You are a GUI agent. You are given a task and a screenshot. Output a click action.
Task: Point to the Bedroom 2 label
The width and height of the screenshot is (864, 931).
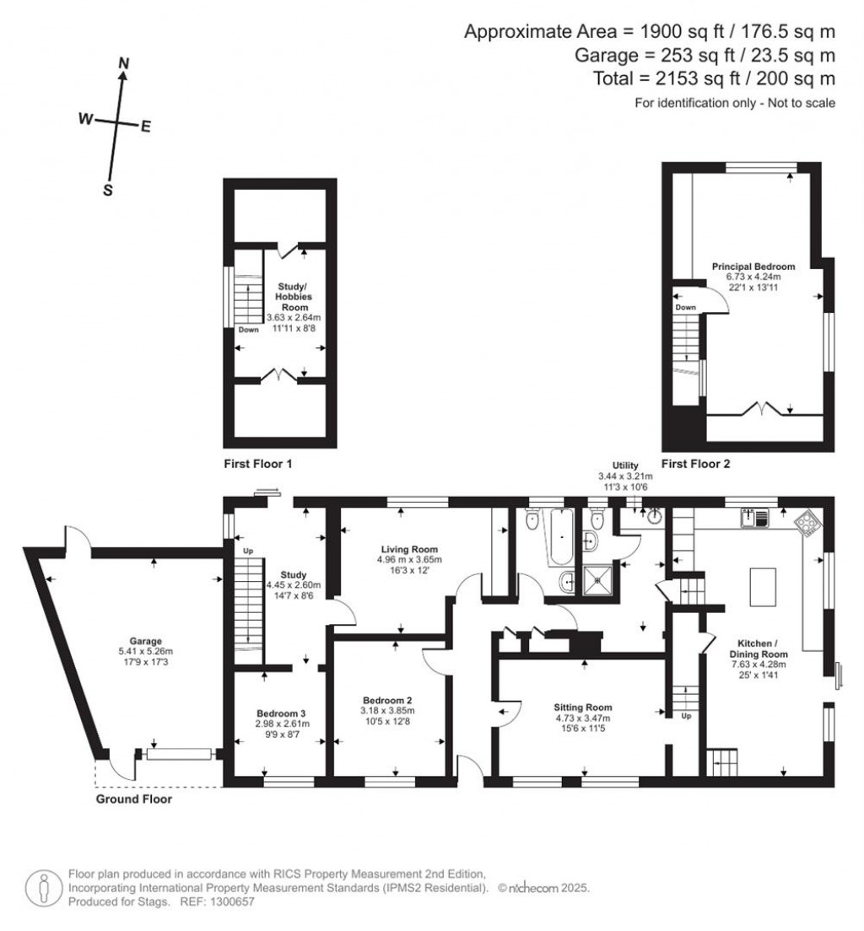coord(387,700)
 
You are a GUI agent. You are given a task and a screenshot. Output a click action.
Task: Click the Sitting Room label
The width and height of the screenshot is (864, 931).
coord(582,708)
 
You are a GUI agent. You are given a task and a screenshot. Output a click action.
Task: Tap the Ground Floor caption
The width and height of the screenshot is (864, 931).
coord(133,799)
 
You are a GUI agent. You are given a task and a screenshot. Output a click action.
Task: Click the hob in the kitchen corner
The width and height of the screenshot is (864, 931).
coord(807,524)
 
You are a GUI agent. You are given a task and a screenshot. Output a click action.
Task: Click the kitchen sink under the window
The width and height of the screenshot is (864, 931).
coord(753,518)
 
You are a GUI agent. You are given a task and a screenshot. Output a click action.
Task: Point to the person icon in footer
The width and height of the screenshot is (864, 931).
coord(41,888)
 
